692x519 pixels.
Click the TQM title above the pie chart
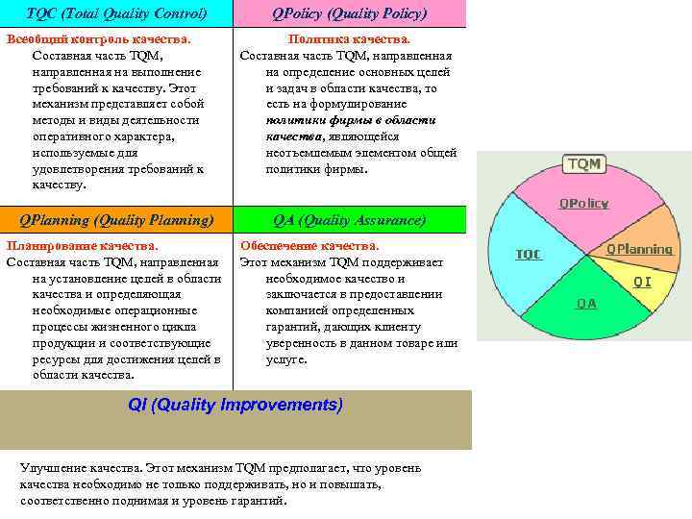coord(583,164)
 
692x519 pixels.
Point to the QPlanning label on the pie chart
coord(639,249)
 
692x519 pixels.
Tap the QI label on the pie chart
coord(641,282)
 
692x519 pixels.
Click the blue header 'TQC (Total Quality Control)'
coord(116,13)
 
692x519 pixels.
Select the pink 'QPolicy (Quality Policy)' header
coord(350,13)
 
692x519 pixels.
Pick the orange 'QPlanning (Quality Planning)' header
coord(116,220)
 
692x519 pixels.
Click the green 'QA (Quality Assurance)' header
coord(350,220)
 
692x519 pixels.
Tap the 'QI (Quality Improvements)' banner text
coord(235,405)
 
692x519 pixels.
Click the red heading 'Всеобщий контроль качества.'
coord(99,39)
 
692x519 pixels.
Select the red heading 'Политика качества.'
coord(350,39)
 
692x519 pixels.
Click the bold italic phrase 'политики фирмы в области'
coord(350,120)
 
